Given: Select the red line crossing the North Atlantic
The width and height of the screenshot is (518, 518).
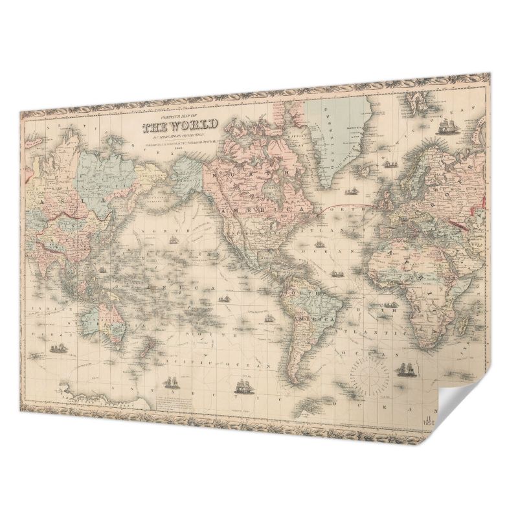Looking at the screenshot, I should (x=350, y=207).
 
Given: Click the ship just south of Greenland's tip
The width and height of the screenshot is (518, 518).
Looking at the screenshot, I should (x=353, y=192).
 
